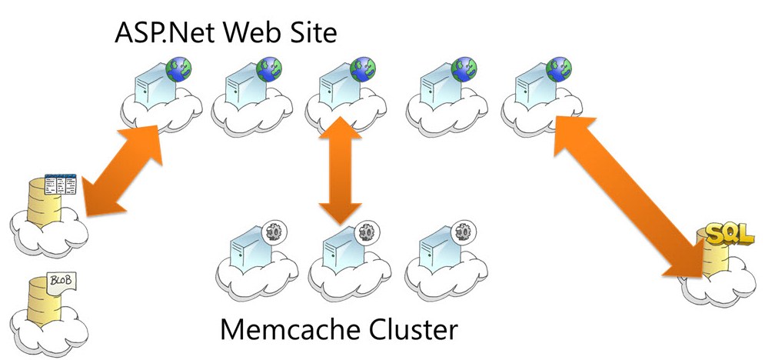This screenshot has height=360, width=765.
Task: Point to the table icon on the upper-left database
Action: [61, 184]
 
